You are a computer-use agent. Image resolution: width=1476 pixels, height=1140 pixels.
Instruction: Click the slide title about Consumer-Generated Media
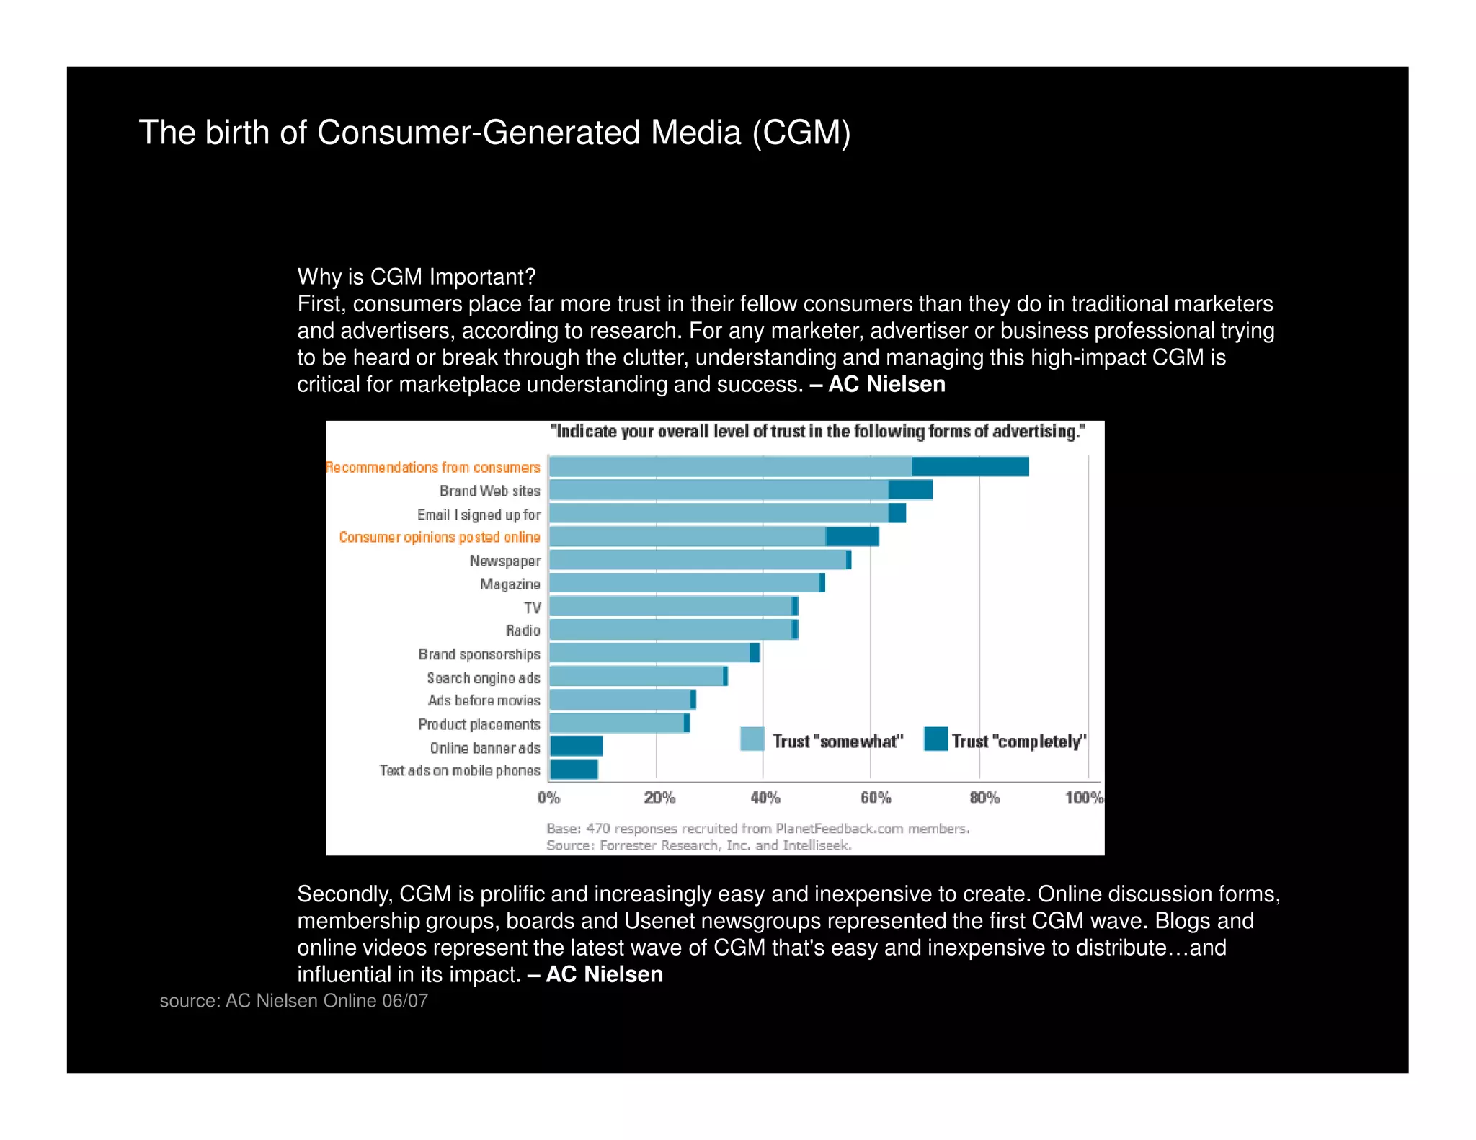[494, 133]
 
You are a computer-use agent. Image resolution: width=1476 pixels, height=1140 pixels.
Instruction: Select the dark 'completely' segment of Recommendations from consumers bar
[969, 466]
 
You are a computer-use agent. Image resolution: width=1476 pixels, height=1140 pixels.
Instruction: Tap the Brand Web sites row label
[489, 491]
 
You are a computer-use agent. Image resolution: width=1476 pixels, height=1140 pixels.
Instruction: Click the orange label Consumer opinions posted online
[439, 537]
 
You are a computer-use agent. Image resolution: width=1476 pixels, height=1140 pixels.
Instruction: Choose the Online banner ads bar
[576, 746]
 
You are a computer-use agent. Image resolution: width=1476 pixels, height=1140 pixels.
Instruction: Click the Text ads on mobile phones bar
[574, 770]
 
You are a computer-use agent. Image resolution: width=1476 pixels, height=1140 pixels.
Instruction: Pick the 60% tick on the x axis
[875, 798]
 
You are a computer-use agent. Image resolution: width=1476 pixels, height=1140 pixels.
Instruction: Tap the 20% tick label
[659, 798]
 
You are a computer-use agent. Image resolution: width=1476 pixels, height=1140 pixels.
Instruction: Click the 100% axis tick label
[1083, 798]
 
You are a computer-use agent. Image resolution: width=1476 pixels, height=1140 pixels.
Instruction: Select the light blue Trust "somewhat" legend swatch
[752, 739]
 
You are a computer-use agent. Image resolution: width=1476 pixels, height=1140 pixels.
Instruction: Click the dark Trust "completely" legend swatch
[935, 739]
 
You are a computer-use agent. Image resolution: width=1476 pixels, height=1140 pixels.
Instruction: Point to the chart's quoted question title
[817, 432]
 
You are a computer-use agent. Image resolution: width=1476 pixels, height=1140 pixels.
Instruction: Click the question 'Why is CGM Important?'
[416, 277]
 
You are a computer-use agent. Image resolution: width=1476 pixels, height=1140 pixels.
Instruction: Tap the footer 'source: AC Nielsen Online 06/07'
[293, 1001]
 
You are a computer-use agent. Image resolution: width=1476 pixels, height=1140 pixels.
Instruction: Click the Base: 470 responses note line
[757, 829]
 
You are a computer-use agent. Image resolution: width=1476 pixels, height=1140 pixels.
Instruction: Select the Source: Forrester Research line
[698, 845]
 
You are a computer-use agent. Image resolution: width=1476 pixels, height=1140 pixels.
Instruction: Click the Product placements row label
[479, 724]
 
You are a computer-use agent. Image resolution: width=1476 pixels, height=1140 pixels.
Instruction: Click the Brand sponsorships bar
[652, 653]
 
